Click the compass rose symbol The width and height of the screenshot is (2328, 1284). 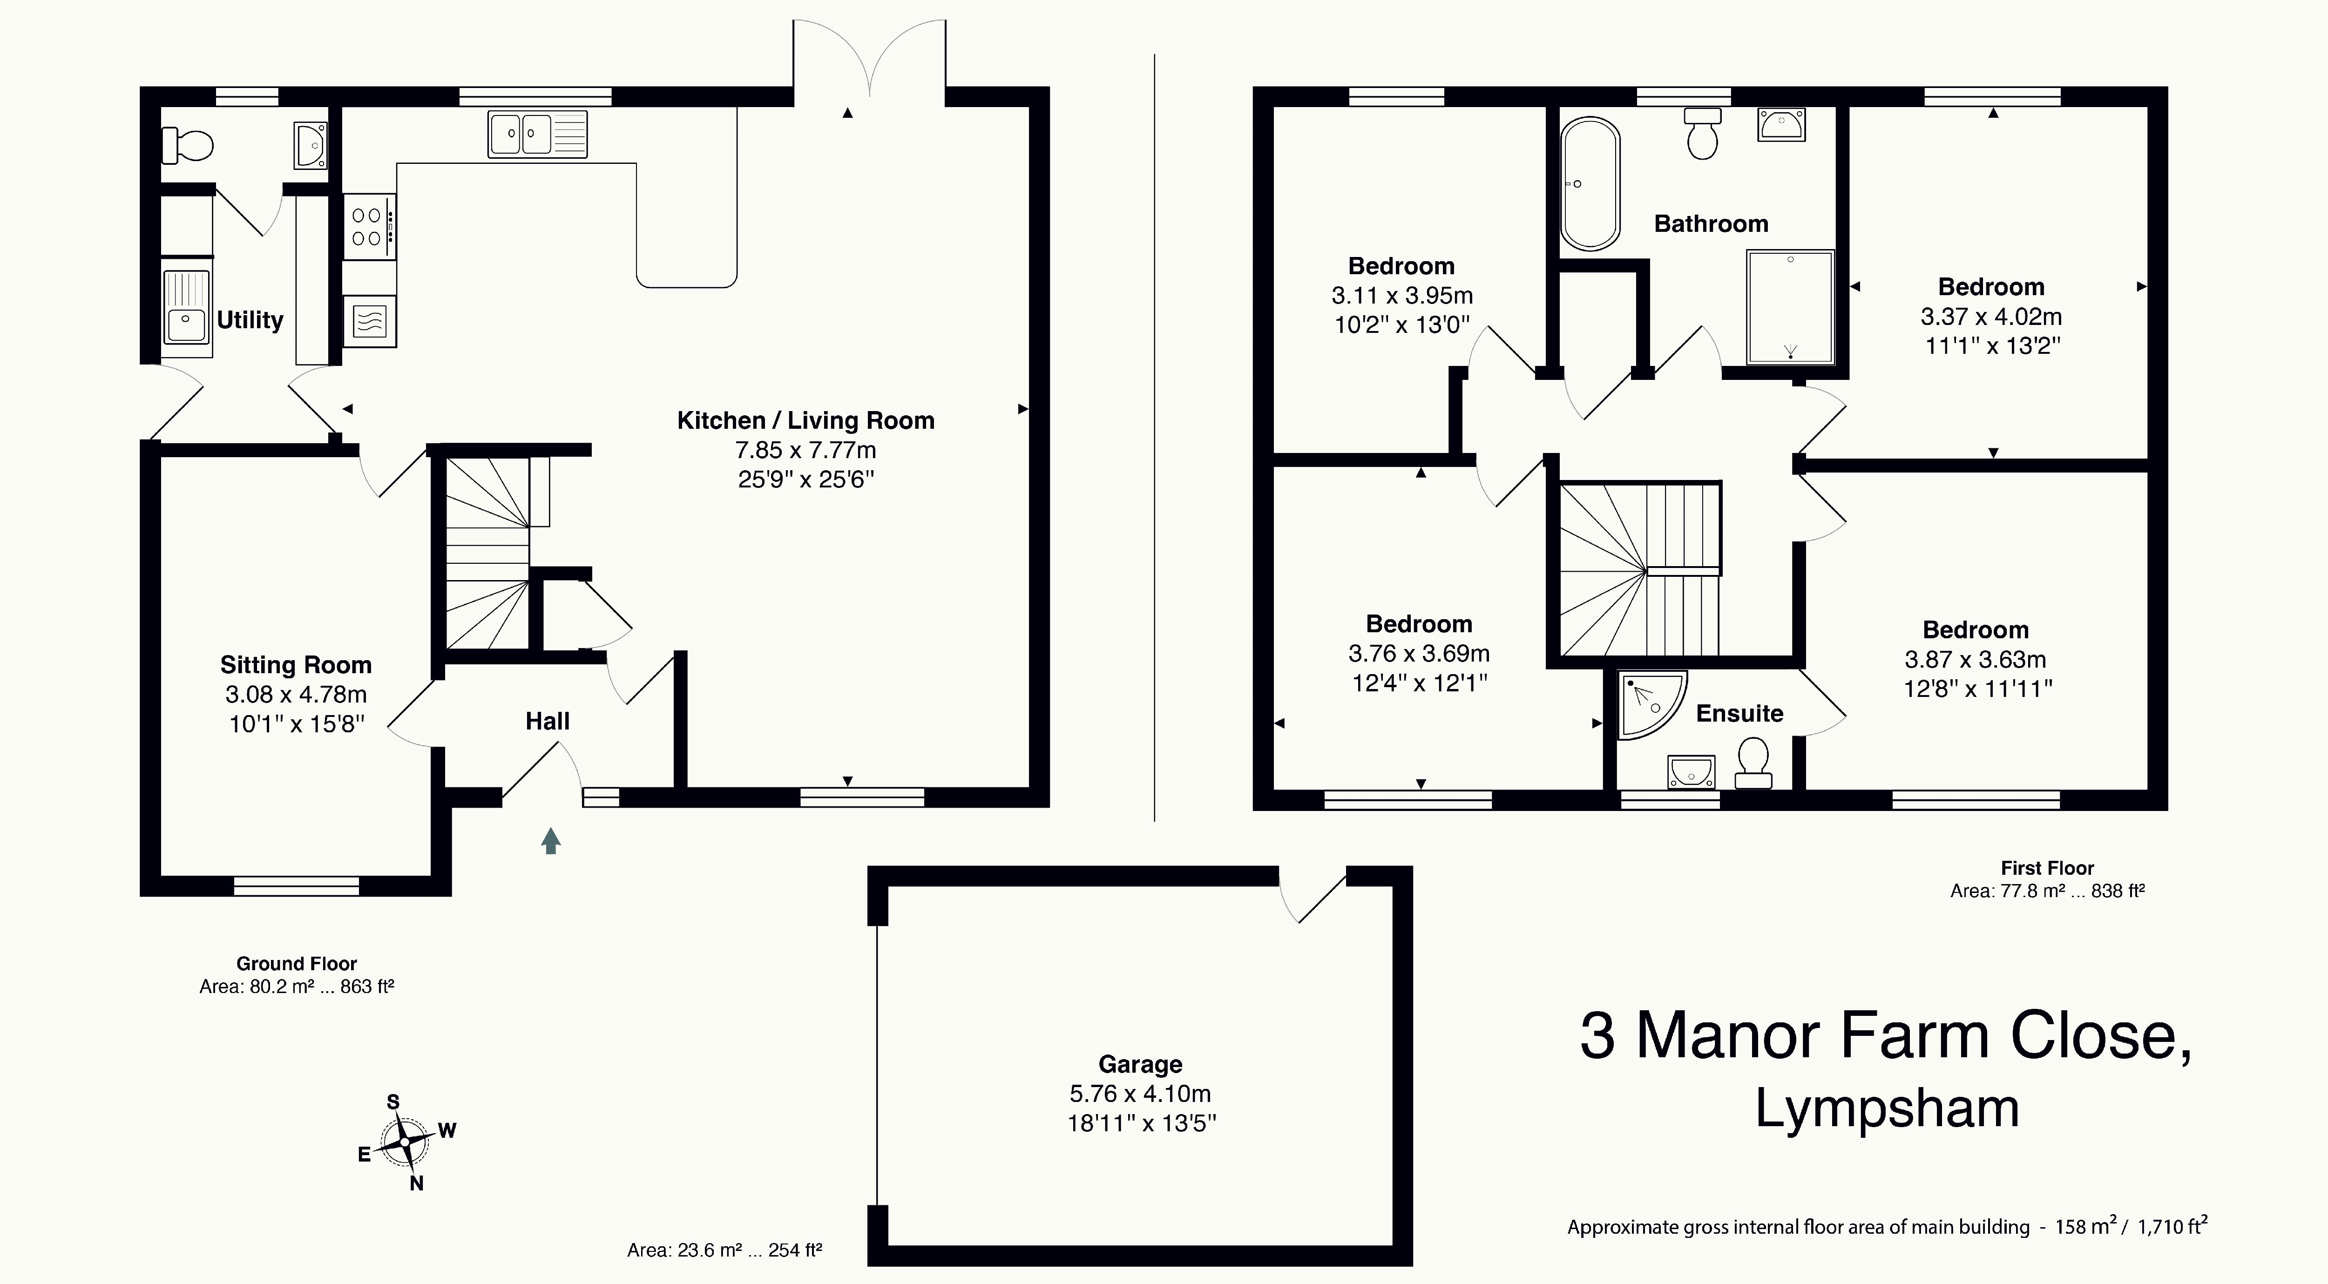point(404,1141)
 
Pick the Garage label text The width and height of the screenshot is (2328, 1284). point(1141,1064)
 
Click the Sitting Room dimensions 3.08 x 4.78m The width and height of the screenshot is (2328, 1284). point(297,695)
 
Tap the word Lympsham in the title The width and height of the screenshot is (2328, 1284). point(1887,1108)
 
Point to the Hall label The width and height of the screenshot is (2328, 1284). point(548,721)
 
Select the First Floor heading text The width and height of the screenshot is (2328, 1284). point(2047,868)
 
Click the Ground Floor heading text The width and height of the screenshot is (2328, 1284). point(297,964)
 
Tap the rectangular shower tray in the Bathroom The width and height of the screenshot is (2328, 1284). point(1790,307)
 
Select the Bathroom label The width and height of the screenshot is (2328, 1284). point(1711,224)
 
